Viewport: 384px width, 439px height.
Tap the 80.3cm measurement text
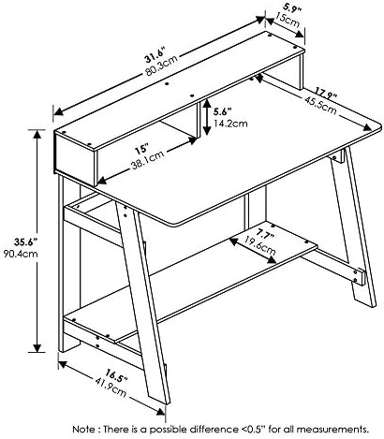point(161,65)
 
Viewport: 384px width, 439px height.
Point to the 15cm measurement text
point(287,20)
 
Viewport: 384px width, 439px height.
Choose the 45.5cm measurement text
point(320,105)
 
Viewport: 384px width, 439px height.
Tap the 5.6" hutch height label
point(222,111)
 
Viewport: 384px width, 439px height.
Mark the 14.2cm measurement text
point(230,124)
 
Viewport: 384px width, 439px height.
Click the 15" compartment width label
point(141,149)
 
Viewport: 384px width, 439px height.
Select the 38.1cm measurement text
point(147,160)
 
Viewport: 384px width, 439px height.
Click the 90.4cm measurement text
point(21,254)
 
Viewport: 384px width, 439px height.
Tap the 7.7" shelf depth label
point(266,235)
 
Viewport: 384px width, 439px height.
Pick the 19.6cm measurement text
point(260,245)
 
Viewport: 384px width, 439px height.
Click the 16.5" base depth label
point(116,375)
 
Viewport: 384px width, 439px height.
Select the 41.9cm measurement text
point(111,388)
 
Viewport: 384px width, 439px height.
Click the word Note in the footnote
point(83,430)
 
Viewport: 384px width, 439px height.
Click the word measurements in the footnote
point(332,430)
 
